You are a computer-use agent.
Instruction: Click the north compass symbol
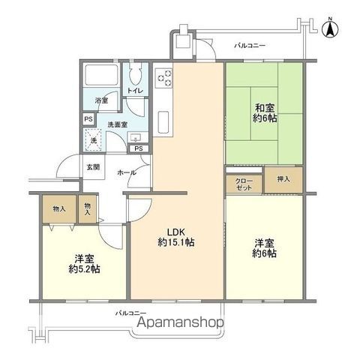(x=330, y=29)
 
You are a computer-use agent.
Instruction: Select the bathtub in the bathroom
(x=101, y=75)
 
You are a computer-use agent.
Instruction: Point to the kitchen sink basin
(x=163, y=122)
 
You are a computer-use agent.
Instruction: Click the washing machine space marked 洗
(x=93, y=140)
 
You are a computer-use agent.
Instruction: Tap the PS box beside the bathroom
(x=88, y=119)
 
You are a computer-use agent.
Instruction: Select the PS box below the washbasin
(x=139, y=148)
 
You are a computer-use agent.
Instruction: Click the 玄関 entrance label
(x=93, y=167)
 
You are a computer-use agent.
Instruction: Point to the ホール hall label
(x=127, y=172)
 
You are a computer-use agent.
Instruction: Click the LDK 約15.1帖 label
(x=176, y=237)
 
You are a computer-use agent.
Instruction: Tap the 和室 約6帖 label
(x=265, y=113)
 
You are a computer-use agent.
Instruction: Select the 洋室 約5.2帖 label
(x=85, y=263)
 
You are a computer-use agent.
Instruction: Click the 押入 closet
(x=283, y=180)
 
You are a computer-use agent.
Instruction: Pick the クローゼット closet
(x=244, y=184)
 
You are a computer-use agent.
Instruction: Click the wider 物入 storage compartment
(x=59, y=209)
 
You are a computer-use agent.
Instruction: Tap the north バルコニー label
(x=250, y=46)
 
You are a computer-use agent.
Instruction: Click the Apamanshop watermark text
(x=181, y=322)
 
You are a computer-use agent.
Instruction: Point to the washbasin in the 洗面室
(x=135, y=138)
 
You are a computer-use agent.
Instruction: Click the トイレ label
(x=135, y=90)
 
